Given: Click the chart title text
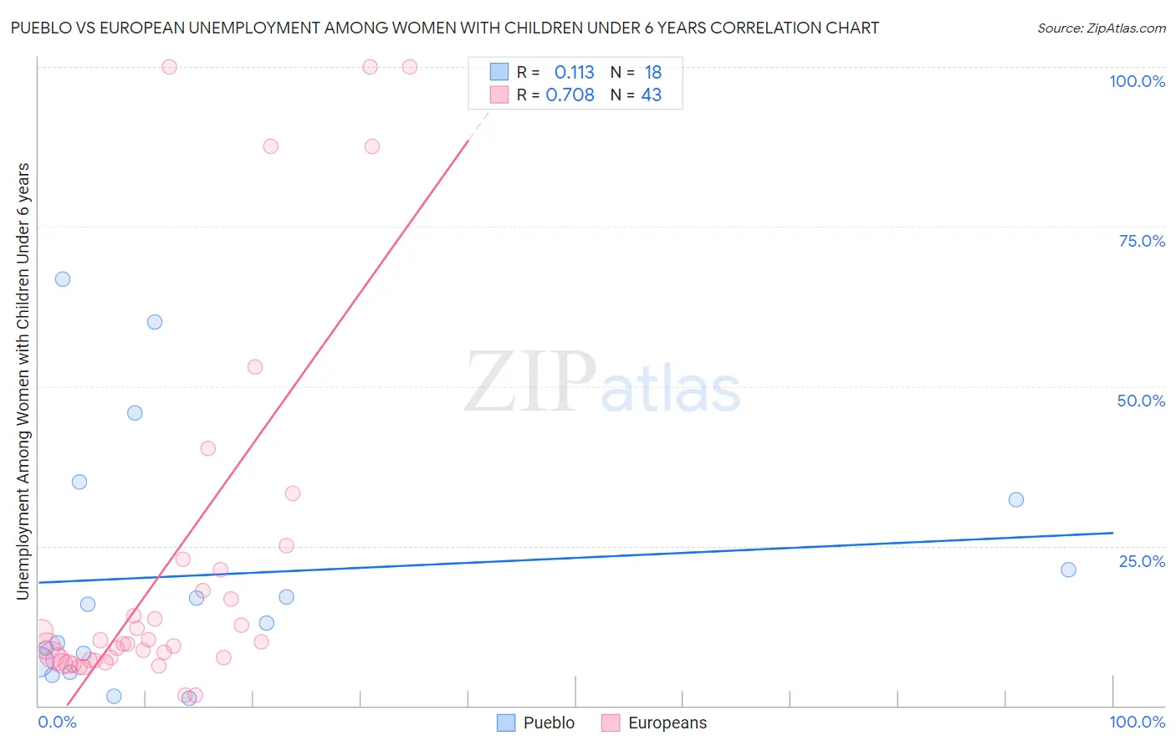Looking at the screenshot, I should coord(444,28).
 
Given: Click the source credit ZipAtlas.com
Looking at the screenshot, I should coord(1101,28).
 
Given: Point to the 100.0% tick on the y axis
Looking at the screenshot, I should coord(1137,81).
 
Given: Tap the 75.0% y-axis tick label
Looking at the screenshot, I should coord(1142,241).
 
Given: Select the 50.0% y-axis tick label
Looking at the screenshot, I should coord(1141,401).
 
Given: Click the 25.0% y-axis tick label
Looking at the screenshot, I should coord(1142,561).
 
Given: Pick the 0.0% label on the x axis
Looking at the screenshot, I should coord(57,722).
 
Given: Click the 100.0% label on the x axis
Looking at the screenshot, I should coord(1137,722).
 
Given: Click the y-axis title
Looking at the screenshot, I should coord(23,381).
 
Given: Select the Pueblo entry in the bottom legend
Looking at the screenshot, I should coord(548,723).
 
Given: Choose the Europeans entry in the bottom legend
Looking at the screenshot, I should coord(667,723).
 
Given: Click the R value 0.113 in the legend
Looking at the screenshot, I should coord(574,73).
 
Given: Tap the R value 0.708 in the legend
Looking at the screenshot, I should coord(570,95).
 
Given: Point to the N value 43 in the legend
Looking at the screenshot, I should coord(651,95).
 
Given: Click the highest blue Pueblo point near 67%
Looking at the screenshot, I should coord(63,279).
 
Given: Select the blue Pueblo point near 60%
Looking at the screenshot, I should coord(155,322).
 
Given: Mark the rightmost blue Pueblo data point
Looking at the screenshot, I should coord(1068,570).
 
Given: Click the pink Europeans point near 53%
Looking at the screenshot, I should coord(255,367).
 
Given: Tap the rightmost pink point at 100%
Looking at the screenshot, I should coord(410,67).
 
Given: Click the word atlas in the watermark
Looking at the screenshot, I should coord(671,389).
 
